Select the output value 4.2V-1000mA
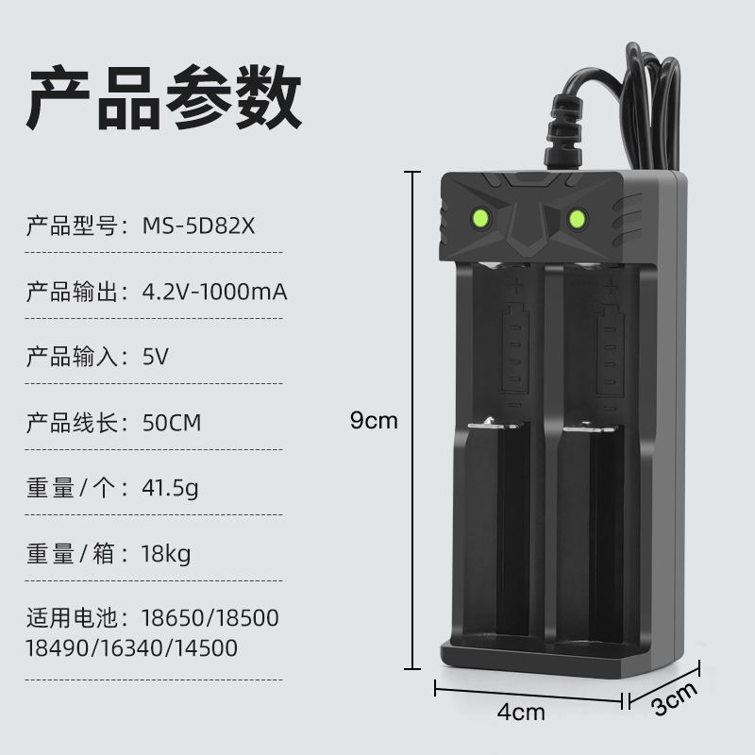(214, 293)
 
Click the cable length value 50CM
(172, 423)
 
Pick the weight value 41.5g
(170, 488)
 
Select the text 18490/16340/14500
(131, 648)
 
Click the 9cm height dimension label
(374, 421)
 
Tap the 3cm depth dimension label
(675, 700)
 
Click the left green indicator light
(480, 220)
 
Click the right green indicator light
(576, 220)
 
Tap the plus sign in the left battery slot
(516, 284)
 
